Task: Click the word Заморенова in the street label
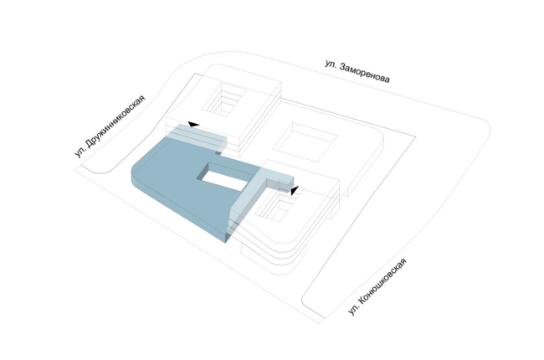click(x=364, y=73)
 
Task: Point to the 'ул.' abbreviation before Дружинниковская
click(x=80, y=152)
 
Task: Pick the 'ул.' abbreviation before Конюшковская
click(x=353, y=310)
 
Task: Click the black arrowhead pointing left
click(x=193, y=124)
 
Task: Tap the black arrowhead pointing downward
click(x=295, y=190)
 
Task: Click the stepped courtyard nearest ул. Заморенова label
click(x=223, y=100)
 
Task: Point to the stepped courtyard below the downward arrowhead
click(x=278, y=205)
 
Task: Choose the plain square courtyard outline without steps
click(x=305, y=142)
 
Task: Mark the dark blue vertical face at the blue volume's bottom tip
click(x=227, y=237)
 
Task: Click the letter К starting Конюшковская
click(x=362, y=301)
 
